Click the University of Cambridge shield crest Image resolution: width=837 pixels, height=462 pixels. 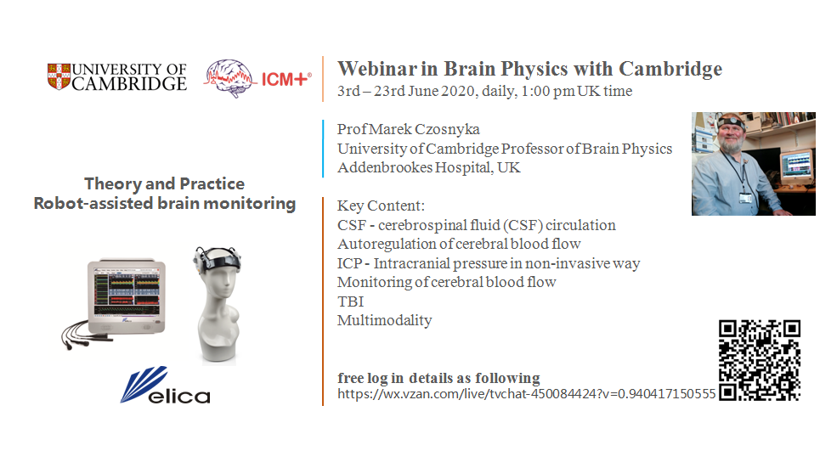click(59, 76)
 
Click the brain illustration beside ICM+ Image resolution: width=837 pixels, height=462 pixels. click(229, 78)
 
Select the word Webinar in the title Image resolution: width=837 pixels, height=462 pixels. click(377, 69)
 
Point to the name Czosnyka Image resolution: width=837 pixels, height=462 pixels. click(447, 130)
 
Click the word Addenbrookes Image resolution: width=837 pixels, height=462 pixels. click(385, 167)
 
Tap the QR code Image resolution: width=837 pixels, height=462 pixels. click(760, 360)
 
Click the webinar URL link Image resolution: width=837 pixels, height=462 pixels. click(526, 394)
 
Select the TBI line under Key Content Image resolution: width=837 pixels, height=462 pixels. click(351, 301)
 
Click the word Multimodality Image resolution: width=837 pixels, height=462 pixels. click(384, 321)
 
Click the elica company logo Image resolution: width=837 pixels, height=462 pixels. click(166, 386)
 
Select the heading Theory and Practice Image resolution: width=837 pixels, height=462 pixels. click(164, 184)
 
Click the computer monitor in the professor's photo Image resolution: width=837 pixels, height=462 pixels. click(796, 165)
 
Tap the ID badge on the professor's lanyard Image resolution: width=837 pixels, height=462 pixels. click(745, 199)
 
